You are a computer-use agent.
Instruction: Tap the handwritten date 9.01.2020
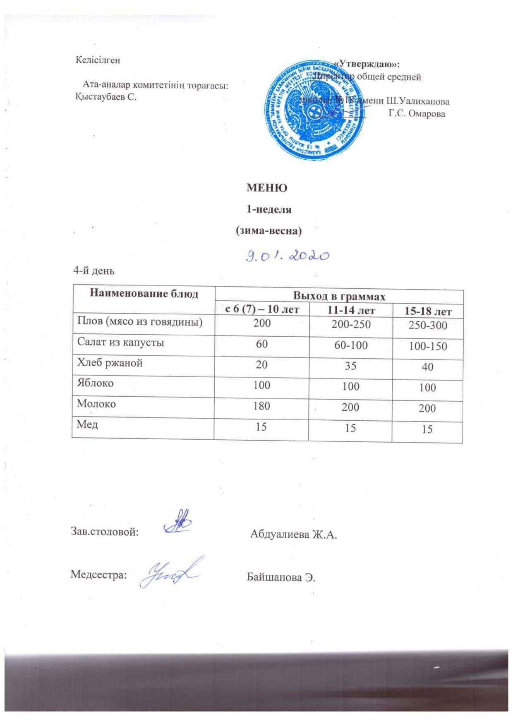click(287, 256)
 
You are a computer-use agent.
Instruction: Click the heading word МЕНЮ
click(267, 188)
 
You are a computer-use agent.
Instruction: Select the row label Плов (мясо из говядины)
click(139, 321)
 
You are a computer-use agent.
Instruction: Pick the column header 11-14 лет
click(351, 310)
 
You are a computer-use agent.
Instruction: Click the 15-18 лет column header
click(428, 311)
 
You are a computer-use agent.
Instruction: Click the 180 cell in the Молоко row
click(261, 406)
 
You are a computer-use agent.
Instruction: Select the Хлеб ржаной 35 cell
click(351, 365)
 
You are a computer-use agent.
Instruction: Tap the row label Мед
click(87, 424)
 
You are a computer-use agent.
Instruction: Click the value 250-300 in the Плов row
click(428, 325)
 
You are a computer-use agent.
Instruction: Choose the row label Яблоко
click(95, 383)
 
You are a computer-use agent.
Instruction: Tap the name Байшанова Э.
click(281, 577)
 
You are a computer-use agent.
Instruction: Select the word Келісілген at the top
click(98, 60)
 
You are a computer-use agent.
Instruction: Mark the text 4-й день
click(93, 271)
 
